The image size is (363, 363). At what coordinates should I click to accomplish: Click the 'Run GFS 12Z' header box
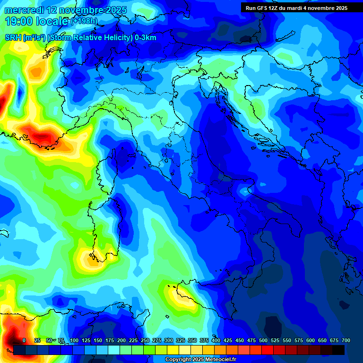pyautogui.click(x=297, y=8)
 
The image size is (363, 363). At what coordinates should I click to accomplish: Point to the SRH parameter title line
pyautogui.click(x=80, y=38)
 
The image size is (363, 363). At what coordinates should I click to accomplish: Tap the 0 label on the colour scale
pyautogui.click(x=24, y=340)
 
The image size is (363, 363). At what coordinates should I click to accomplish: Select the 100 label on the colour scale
pyautogui.click(x=74, y=340)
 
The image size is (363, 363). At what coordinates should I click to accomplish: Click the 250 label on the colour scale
pyautogui.click(x=145, y=340)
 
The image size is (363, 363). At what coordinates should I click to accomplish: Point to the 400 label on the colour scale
pyautogui.click(x=216, y=340)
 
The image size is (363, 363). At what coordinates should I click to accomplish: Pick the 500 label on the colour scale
pyautogui.click(x=263, y=340)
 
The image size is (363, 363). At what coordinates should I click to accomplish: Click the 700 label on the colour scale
pyautogui.click(x=346, y=340)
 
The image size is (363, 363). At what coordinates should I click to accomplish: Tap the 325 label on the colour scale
pyautogui.click(x=181, y=340)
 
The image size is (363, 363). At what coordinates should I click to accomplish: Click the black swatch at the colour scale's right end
pyautogui.click(x=338, y=350)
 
